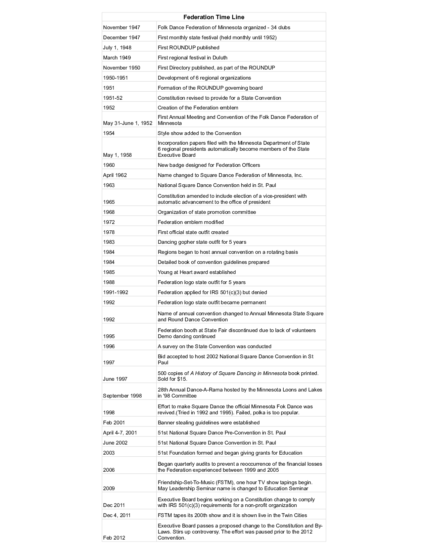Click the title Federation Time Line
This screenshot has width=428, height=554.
(x=214, y=17)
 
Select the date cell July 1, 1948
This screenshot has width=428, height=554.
(x=117, y=48)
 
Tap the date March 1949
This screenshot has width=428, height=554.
(x=117, y=58)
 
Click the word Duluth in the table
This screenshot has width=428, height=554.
(x=220, y=58)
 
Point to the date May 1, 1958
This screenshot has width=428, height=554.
(x=117, y=155)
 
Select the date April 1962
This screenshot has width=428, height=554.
(x=115, y=175)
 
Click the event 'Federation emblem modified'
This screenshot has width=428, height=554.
(x=191, y=222)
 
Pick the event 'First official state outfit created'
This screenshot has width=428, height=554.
(x=193, y=232)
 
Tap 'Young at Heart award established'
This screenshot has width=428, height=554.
(x=197, y=272)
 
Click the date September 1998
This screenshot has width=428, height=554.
(x=122, y=396)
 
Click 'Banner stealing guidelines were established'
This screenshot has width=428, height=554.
(x=208, y=423)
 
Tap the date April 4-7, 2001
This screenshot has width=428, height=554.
(x=120, y=433)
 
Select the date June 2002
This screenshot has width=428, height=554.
(x=115, y=443)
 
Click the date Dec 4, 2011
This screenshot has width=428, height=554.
(x=117, y=515)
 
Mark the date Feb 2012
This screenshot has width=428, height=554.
(x=114, y=538)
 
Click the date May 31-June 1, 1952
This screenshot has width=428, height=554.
(x=128, y=123)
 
